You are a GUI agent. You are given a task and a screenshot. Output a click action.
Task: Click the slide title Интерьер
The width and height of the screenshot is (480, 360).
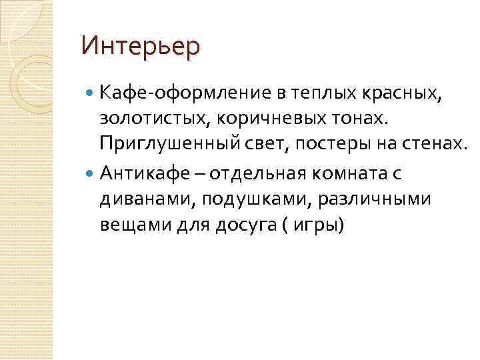140,47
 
